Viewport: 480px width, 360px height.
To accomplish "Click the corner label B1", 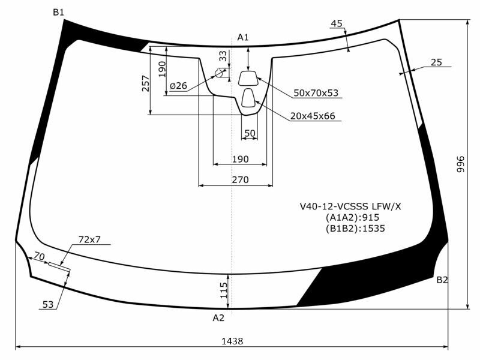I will tap(58, 12).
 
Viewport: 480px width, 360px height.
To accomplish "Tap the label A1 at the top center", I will tap(243, 37).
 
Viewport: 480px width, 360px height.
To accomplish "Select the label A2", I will tap(218, 318).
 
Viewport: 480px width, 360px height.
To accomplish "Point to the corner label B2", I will tap(442, 280).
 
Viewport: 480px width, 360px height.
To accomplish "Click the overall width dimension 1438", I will tap(232, 341).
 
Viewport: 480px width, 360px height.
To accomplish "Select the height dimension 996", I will tap(461, 164).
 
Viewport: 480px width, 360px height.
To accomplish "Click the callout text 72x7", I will tap(89, 239).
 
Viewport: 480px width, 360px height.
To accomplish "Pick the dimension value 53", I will tap(48, 305).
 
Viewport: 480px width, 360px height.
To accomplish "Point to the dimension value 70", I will tap(40, 257).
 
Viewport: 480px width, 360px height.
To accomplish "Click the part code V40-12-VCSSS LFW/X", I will tap(350, 206).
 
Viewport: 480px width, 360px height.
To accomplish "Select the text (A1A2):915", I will tap(352, 217).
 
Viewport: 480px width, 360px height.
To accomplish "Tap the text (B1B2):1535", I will tap(355, 228).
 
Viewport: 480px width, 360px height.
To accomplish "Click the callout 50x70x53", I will tap(316, 93).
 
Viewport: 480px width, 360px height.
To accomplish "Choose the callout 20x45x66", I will tap(313, 116).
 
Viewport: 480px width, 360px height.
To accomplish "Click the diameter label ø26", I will tap(178, 86).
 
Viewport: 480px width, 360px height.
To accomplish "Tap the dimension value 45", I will tap(337, 23).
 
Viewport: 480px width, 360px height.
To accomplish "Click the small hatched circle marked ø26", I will tap(220, 73).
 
